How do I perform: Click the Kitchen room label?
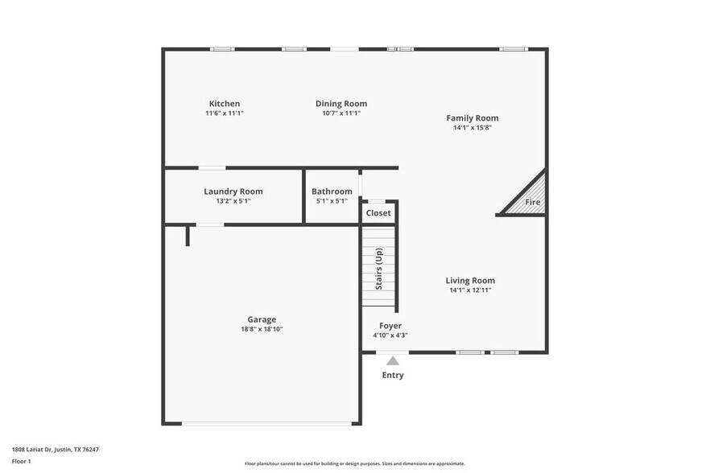[x=225, y=104]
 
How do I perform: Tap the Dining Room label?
[x=341, y=104]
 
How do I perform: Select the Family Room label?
[x=473, y=118]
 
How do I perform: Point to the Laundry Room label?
[x=233, y=191]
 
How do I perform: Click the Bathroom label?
[x=332, y=191]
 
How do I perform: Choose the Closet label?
[x=378, y=213]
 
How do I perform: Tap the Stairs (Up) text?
[x=379, y=269]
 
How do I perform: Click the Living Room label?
[x=470, y=281]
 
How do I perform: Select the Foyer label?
[x=390, y=326]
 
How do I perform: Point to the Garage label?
[x=262, y=319]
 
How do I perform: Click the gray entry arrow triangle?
[x=393, y=361]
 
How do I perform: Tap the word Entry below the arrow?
[x=393, y=376]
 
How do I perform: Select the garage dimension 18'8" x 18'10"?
[x=262, y=329]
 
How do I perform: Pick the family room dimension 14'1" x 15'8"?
[x=473, y=127]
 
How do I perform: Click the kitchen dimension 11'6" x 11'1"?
[x=225, y=113]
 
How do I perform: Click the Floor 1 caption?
[x=22, y=461]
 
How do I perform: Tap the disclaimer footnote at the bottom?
[x=355, y=463]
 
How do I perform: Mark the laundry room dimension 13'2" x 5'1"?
[x=233, y=201]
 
